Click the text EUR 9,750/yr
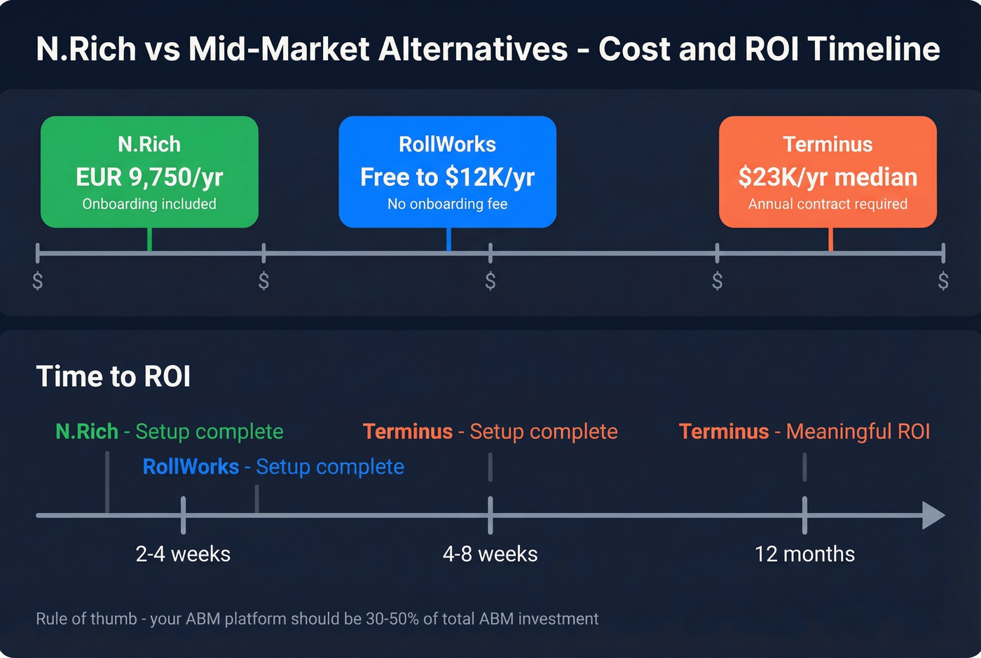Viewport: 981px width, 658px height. (x=149, y=177)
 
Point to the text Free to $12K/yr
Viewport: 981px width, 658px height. (x=447, y=177)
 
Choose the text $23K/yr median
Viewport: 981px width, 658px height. (x=828, y=177)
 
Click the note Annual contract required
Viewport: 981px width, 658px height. (x=828, y=204)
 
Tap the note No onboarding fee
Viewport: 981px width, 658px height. (x=447, y=204)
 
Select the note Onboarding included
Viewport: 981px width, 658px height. (x=149, y=204)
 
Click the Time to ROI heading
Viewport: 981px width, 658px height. (x=114, y=376)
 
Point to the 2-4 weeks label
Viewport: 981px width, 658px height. (x=183, y=554)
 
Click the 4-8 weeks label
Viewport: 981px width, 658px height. (x=490, y=554)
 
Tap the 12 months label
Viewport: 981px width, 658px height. (x=804, y=554)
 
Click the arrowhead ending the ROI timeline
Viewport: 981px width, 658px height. (x=933, y=515)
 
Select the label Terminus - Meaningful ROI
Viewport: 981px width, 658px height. (x=804, y=432)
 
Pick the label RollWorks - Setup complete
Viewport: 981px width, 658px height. (x=273, y=467)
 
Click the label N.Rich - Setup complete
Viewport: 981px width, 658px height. (x=170, y=432)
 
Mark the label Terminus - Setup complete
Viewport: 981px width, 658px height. (x=490, y=432)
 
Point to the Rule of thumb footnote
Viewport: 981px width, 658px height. (x=317, y=619)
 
